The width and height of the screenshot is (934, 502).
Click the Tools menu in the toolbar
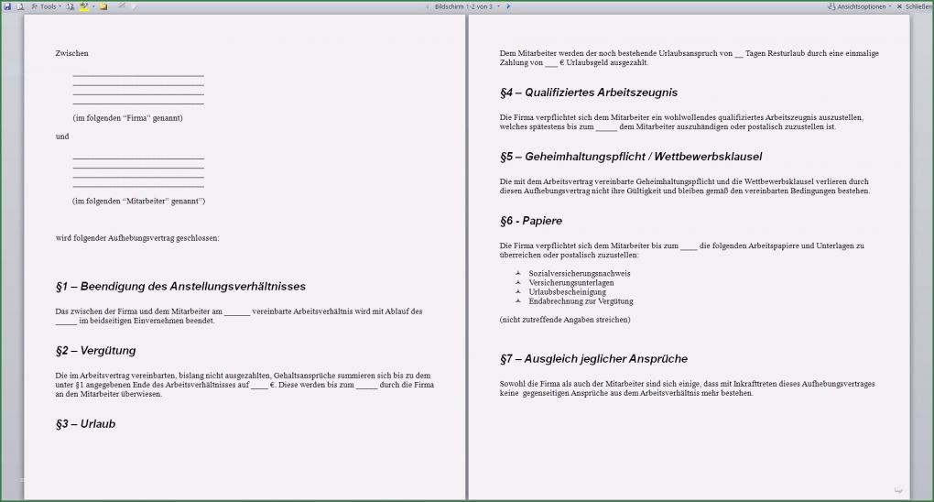[48, 6]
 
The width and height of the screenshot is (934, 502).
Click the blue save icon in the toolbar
[7, 6]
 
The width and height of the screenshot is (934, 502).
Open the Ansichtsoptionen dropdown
[863, 6]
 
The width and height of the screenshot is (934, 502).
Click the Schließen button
[918, 6]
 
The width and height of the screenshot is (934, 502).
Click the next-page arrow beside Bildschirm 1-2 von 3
[508, 6]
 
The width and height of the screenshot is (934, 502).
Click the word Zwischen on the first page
[71, 53]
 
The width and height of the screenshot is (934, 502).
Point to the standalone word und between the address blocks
[62, 136]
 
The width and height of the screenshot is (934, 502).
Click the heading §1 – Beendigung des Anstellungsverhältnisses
[180, 287]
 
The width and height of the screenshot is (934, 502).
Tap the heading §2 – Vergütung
[95, 351]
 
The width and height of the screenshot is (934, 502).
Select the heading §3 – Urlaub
[85, 424]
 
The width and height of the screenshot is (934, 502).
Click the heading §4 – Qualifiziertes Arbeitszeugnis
[589, 93]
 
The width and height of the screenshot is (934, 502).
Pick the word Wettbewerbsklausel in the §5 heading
[709, 157]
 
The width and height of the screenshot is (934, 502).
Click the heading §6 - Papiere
[531, 221]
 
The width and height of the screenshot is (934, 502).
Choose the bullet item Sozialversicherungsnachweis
[580, 274]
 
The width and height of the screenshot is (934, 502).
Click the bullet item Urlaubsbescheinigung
[567, 292]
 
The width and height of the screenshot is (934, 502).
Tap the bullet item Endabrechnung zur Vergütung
[581, 301]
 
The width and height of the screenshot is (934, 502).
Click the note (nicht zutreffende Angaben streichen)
[565, 320]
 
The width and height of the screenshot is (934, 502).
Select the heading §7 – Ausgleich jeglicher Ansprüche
[593, 358]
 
